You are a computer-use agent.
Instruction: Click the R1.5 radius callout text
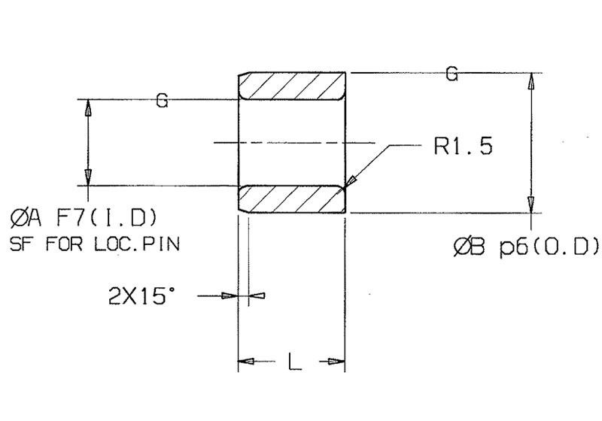[463, 146]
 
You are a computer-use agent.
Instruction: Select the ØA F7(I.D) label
[84, 219]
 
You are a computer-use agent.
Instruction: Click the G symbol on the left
[161, 100]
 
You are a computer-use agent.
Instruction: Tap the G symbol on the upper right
[451, 74]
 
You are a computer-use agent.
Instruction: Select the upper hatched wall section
[292, 86]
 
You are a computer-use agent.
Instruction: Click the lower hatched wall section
[292, 199]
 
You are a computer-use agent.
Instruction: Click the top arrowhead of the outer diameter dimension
[531, 79]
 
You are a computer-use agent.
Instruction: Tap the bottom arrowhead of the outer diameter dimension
[531, 207]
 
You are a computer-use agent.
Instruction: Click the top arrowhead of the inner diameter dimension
[88, 105]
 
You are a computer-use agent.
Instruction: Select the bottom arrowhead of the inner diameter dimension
[88, 179]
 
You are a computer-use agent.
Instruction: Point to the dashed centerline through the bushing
[293, 142]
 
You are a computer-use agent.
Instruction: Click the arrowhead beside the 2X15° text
[230, 296]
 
